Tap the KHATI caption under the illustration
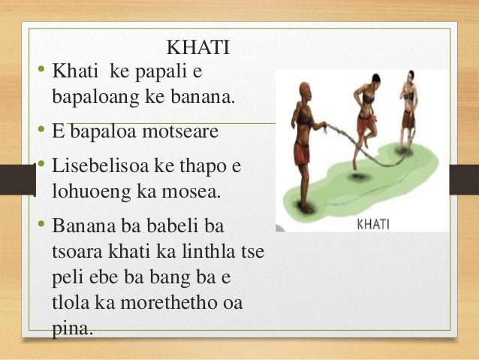(372, 222)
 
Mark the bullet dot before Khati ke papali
(43, 71)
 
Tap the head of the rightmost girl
(410, 79)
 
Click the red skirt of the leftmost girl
(301, 153)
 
